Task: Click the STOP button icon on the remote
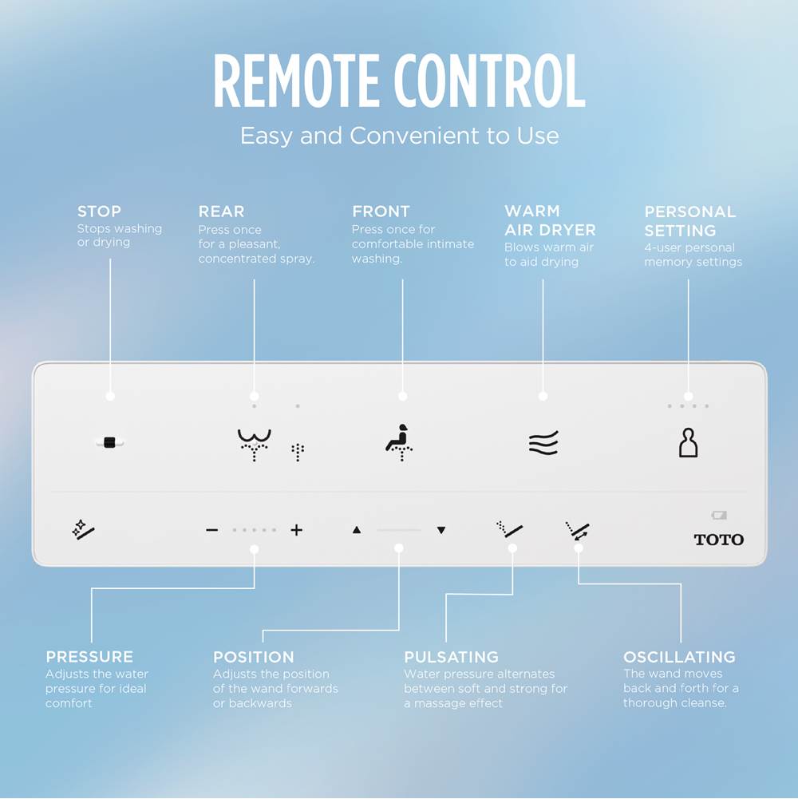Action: [109, 442]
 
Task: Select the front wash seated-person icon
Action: [399, 442]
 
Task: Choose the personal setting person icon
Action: [688, 443]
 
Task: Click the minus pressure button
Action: [211, 530]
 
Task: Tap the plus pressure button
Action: [296, 530]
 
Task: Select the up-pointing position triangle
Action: [357, 530]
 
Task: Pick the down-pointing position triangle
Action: [440, 530]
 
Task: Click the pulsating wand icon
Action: [509, 529]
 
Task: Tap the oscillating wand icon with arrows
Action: [577, 530]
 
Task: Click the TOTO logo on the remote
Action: [718, 540]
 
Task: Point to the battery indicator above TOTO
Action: [719, 516]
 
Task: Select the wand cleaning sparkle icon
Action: [83, 528]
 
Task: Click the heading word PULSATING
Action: [451, 657]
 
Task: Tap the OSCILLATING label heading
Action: [679, 657]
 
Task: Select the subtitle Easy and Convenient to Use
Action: [399, 136]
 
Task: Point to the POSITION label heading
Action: [253, 657]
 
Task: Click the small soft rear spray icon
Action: [298, 452]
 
